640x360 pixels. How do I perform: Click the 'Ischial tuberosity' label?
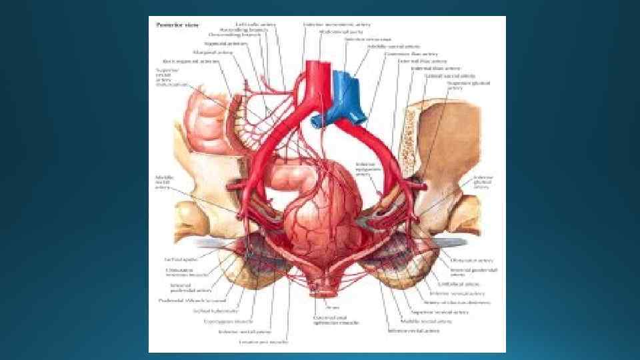tap(207, 311)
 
